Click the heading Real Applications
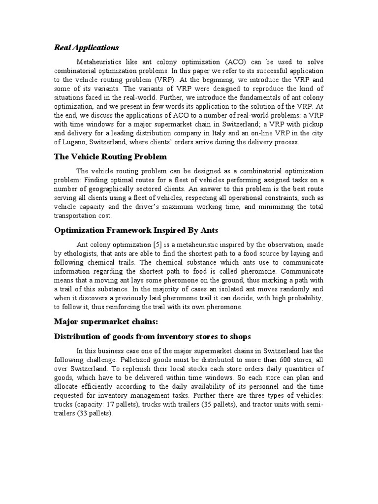86,48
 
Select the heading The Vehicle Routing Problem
110,157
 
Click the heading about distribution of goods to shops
152,337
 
